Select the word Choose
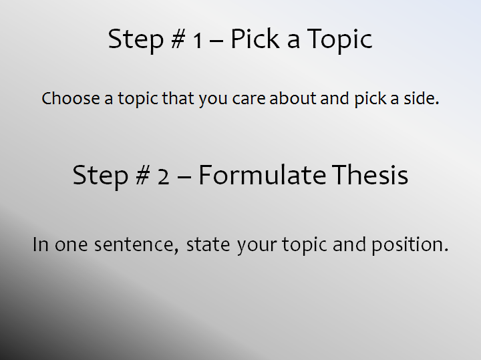71,98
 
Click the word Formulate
263,175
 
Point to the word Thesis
370,174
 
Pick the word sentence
136,245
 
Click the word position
410,245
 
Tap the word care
249,99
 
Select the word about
293,98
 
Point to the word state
208,245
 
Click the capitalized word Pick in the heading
255,39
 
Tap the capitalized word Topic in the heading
340,41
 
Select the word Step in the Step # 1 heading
136,41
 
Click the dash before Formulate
184,177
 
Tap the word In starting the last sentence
41,244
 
